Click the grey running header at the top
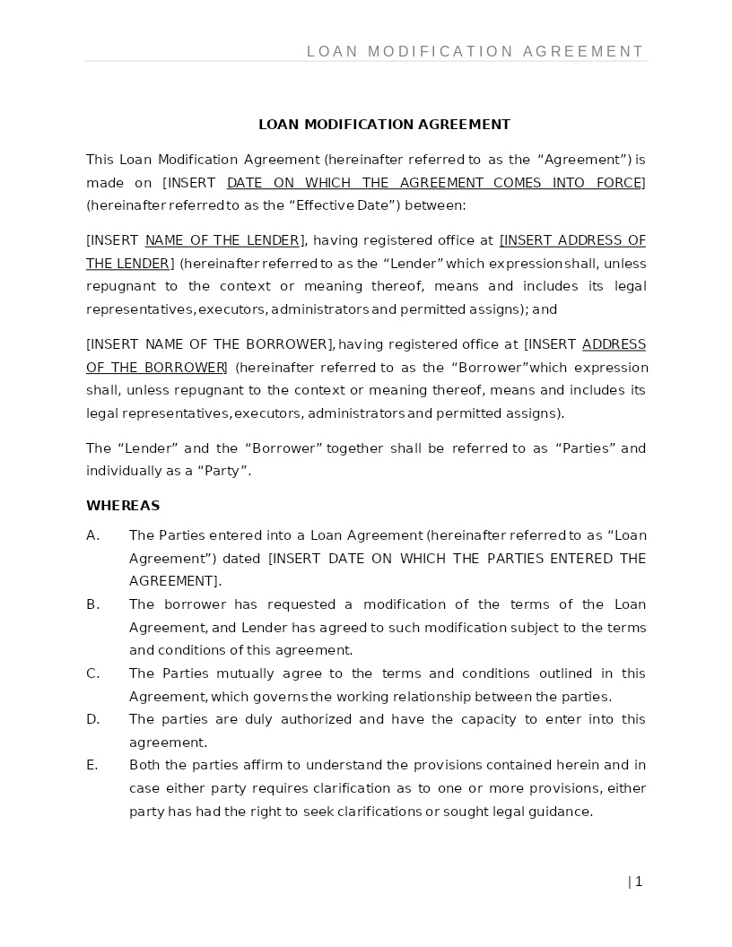click(x=475, y=52)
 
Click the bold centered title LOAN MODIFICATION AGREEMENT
click(x=384, y=125)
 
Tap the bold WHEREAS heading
click(x=123, y=506)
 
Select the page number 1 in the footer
click(x=638, y=882)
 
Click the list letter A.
click(x=92, y=535)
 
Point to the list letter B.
click(x=92, y=604)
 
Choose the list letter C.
click(x=92, y=673)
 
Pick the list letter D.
click(x=92, y=719)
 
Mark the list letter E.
click(x=91, y=765)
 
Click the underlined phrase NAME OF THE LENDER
click(x=222, y=240)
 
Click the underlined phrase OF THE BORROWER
click(x=156, y=368)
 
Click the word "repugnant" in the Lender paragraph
click(x=119, y=286)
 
